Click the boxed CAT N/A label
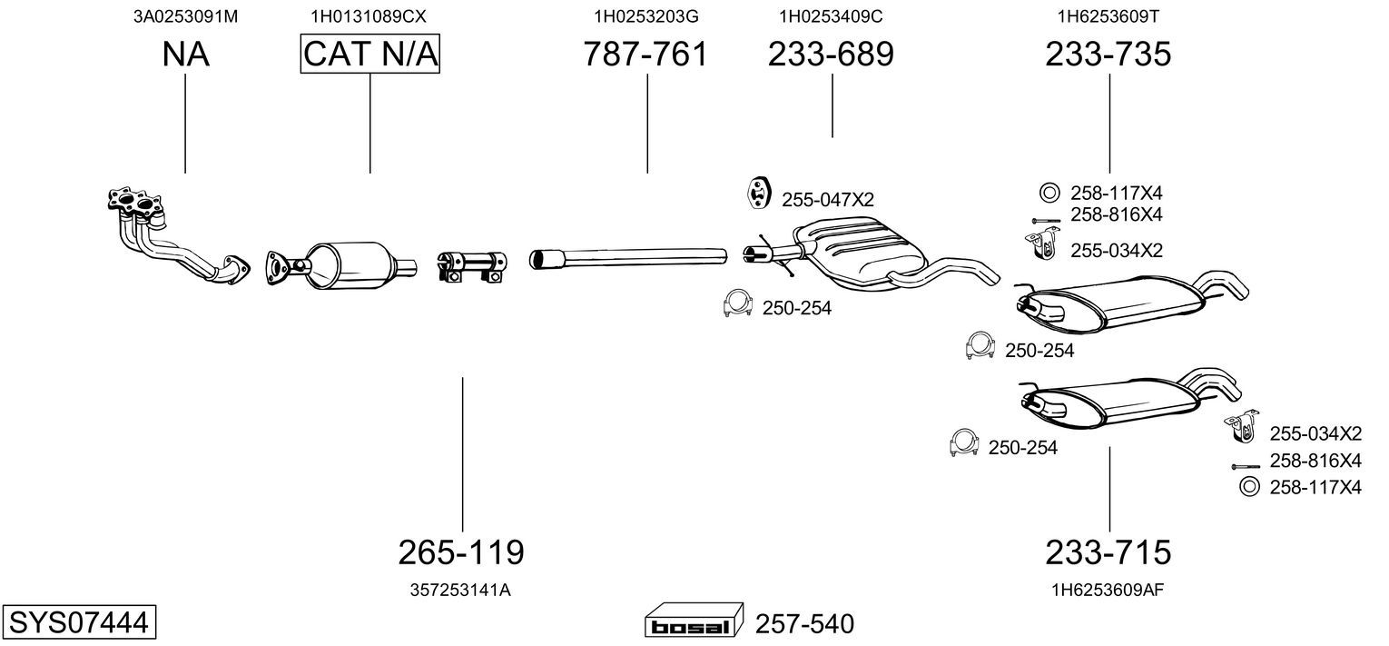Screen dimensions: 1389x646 click(x=370, y=54)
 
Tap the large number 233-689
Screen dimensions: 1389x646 click(x=831, y=54)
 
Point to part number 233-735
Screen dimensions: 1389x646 click(x=1108, y=54)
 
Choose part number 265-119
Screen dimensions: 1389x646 click(x=461, y=552)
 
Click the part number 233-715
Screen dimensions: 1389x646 click(x=1108, y=552)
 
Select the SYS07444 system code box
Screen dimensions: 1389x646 click(x=79, y=621)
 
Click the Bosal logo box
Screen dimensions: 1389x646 click(x=694, y=620)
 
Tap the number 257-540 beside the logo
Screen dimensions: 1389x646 click(x=804, y=623)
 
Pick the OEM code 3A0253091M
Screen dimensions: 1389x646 click(x=185, y=16)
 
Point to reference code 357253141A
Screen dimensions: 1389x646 click(x=460, y=591)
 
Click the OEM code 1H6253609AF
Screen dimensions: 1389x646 click(x=1108, y=591)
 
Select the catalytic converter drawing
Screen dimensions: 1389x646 click(x=341, y=265)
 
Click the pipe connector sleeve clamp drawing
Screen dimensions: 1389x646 click(x=472, y=267)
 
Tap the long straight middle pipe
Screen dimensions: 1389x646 click(x=627, y=257)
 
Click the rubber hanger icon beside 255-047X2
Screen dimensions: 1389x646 click(x=758, y=193)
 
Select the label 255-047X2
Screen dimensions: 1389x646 click(x=828, y=200)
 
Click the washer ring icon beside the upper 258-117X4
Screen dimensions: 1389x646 click(x=1049, y=193)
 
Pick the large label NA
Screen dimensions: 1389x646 click(x=185, y=54)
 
